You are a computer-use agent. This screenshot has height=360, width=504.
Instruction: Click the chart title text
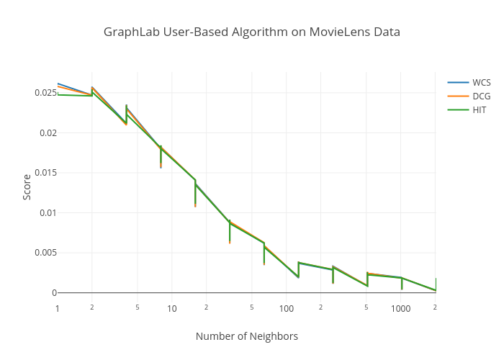tap(251, 32)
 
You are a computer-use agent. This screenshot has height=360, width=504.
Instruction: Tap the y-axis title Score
tap(27, 186)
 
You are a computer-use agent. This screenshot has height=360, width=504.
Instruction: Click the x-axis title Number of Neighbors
tap(246, 336)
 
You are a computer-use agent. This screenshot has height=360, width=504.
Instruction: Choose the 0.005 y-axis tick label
tap(43, 253)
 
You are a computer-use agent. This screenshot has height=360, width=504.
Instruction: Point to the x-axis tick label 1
tap(58, 309)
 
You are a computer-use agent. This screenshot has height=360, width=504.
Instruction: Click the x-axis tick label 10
tap(172, 309)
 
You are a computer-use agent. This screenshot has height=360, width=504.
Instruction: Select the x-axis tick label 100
tap(287, 309)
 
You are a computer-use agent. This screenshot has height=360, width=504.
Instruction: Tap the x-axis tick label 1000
tap(401, 309)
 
